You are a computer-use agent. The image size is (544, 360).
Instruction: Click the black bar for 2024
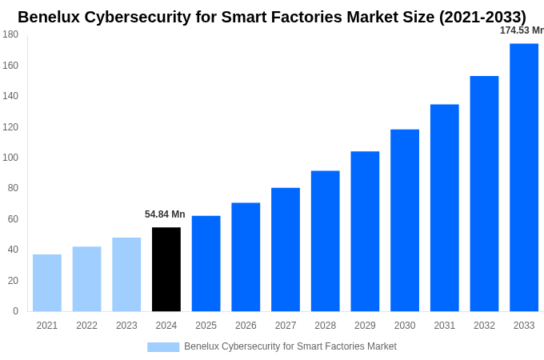(166, 270)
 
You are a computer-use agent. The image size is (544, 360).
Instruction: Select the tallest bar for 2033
(524, 178)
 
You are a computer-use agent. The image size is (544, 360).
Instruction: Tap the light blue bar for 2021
(47, 283)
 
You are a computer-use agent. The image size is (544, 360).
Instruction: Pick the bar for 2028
(325, 241)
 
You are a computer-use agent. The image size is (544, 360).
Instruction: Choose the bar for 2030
(405, 221)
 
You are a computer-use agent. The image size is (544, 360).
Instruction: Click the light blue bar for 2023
(126, 274)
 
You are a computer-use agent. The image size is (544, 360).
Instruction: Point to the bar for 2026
(246, 257)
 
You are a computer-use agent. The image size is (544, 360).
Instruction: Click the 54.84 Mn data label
(165, 214)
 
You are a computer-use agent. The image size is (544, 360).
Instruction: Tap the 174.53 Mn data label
(522, 30)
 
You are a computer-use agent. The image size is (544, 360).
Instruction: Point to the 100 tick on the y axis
(10, 158)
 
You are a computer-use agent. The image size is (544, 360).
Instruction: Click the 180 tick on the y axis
(10, 34)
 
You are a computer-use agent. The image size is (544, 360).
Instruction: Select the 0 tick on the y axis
(15, 311)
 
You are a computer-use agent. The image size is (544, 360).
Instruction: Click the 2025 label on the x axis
(206, 326)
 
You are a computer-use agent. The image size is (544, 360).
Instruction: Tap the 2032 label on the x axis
(484, 326)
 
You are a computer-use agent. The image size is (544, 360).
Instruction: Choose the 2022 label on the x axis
(86, 326)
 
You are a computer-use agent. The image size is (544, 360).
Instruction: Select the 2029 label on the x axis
(365, 326)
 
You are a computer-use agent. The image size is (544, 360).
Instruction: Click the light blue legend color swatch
(163, 346)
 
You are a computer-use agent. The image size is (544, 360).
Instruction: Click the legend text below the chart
(290, 346)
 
